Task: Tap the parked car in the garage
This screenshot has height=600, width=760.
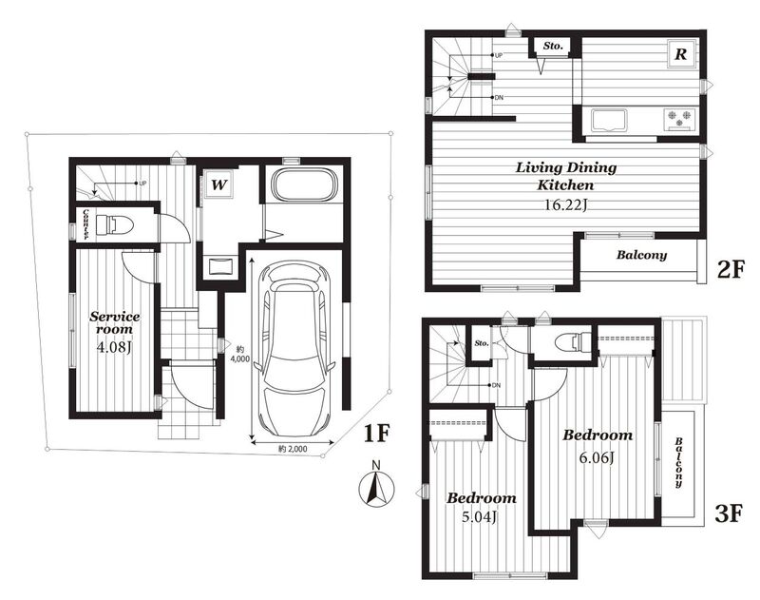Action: (x=294, y=349)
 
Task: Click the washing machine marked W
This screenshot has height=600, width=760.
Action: (x=219, y=184)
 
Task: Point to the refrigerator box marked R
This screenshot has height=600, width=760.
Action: (x=681, y=53)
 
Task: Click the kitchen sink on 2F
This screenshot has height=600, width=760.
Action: (x=608, y=120)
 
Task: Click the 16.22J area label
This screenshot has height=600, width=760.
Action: (x=565, y=205)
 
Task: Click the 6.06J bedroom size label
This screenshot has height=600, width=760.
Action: (x=598, y=457)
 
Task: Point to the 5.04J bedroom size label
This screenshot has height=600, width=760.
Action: (x=480, y=517)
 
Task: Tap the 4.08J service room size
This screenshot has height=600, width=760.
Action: (x=114, y=347)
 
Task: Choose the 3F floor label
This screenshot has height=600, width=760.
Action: (x=729, y=513)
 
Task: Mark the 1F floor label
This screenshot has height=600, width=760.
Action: (x=376, y=434)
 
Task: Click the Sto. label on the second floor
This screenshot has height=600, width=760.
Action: (x=553, y=46)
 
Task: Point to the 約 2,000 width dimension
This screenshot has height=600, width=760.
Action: (x=293, y=449)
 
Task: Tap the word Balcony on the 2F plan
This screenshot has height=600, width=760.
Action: (x=641, y=255)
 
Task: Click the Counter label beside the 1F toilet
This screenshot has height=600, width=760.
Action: (x=86, y=224)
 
